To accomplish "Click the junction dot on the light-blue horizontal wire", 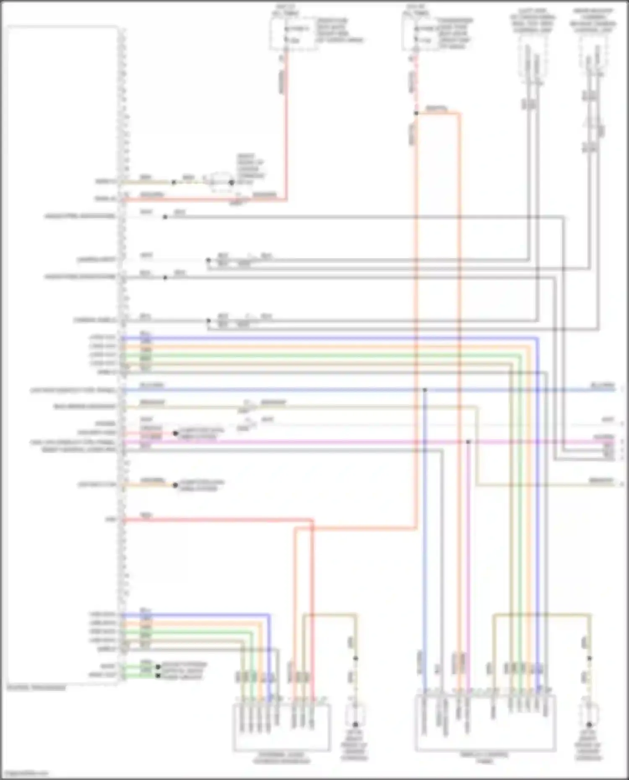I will coord(424,390).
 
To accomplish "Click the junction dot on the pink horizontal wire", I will coord(468,442).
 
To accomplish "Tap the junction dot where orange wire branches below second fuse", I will coord(416,113).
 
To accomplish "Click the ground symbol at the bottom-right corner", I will coord(589,724).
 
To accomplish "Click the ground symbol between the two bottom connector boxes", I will coord(355,724).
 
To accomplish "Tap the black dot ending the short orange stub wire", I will coord(175,485).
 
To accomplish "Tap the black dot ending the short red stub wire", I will coord(175,433).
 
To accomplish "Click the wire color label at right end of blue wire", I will coord(602,385).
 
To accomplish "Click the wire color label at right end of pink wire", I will coord(603,437).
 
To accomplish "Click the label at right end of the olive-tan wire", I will coord(601,480).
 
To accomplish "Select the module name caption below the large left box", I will coord(36,688).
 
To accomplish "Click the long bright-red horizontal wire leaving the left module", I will coord(218,521).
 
